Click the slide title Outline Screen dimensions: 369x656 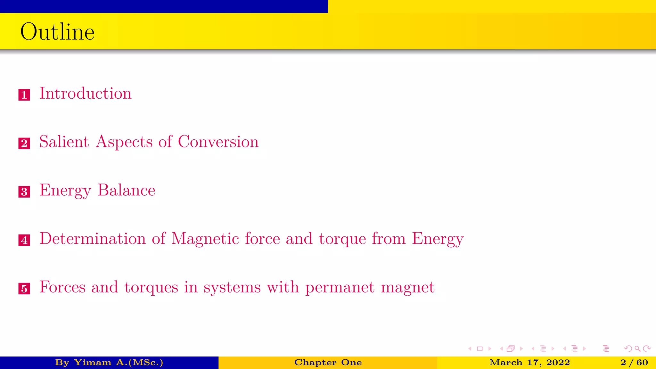57,32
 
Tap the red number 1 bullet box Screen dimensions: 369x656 24,95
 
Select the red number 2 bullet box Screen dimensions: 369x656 24,143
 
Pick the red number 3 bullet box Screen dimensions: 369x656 24,192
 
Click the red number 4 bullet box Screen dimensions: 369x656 24,240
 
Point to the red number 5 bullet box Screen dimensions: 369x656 24,289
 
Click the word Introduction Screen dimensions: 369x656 85,93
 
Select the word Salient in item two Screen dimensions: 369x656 64,142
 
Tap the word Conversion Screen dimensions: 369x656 218,142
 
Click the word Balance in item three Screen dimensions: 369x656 127,190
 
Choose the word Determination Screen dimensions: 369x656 93,239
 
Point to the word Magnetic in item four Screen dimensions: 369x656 205,239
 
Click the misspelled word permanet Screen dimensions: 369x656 340,287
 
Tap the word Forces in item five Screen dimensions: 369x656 62,287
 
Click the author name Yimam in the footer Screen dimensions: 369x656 93,363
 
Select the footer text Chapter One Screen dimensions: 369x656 328,363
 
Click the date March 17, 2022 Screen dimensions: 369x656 529,363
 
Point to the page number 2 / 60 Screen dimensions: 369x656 634,363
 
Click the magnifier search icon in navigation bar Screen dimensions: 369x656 637,348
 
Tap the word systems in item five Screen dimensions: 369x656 232,287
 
